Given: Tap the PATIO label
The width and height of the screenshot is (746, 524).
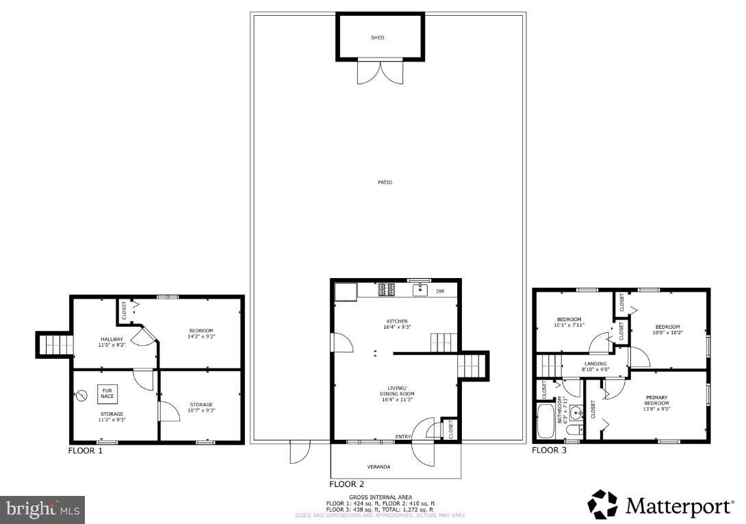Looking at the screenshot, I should [385, 182].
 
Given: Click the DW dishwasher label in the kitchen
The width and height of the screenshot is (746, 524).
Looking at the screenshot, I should [440, 291].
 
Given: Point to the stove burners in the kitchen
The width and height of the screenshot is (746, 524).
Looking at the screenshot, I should [387, 290].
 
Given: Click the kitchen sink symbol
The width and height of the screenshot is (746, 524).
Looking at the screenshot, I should [420, 290].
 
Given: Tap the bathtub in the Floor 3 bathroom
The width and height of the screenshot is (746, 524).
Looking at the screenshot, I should [546, 422].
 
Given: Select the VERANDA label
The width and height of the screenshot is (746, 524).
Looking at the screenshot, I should [378, 466].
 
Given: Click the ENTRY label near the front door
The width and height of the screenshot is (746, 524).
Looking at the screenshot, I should [403, 436].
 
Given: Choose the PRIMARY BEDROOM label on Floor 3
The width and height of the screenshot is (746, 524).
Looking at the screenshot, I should [656, 401].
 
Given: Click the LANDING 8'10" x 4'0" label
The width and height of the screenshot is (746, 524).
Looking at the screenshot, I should [595, 366].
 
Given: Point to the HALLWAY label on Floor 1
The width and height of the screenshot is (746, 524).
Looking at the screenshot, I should [111, 342].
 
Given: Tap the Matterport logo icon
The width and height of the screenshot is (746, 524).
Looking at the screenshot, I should [602, 505].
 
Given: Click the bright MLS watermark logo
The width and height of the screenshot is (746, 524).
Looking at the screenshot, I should [42, 510].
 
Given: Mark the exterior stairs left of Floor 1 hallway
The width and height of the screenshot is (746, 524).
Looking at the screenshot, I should [53, 345].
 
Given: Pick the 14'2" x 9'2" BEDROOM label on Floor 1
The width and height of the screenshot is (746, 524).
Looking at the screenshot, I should [201, 334].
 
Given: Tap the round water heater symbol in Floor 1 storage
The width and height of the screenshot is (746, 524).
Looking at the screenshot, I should [83, 395].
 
